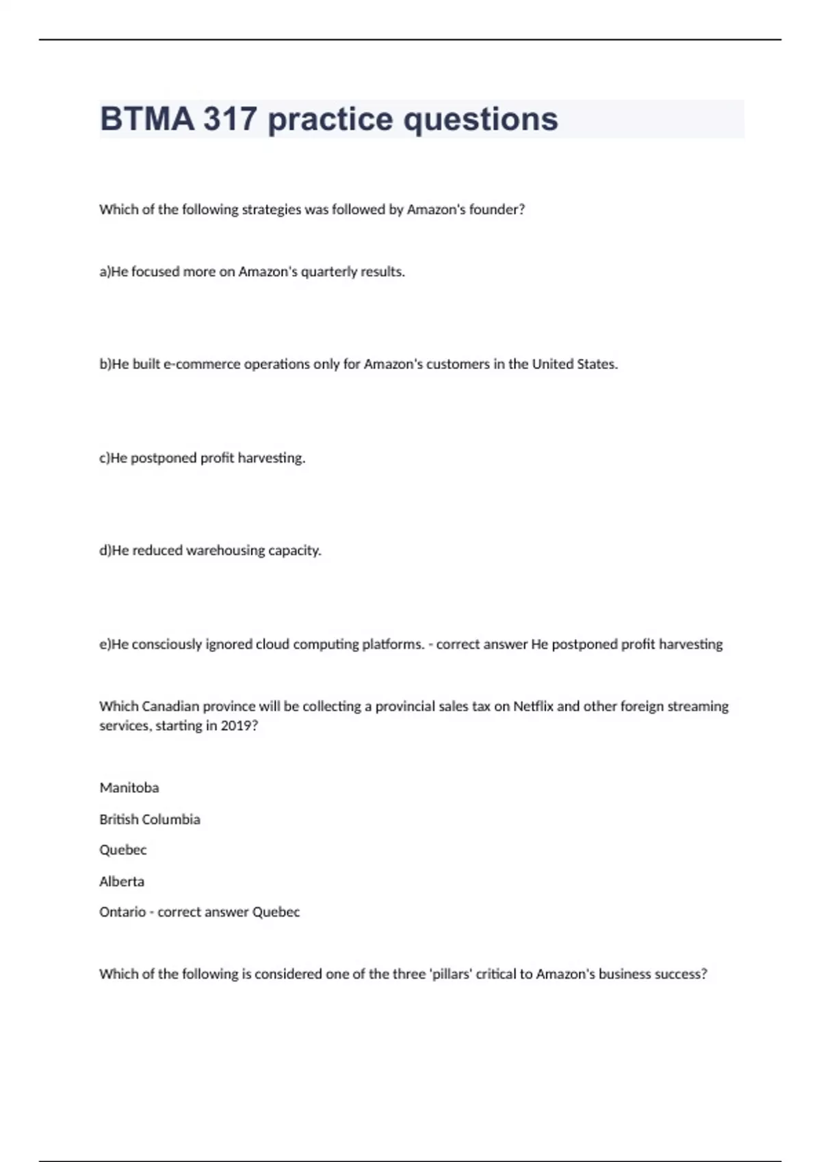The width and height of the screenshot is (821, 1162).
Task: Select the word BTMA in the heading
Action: click(147, 119)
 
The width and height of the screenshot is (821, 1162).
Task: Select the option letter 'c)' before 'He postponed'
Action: click(105, 458)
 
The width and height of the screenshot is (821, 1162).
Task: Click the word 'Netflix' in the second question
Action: click(533, 706)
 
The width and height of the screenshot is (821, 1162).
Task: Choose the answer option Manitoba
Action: click(129, 787)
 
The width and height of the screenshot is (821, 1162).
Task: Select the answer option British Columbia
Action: click(150, 819)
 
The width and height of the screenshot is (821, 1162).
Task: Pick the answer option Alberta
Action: click(122, 881)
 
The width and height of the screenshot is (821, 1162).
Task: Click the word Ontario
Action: click(122, 912)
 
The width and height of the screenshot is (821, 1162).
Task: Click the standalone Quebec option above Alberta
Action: click(123, 850)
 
